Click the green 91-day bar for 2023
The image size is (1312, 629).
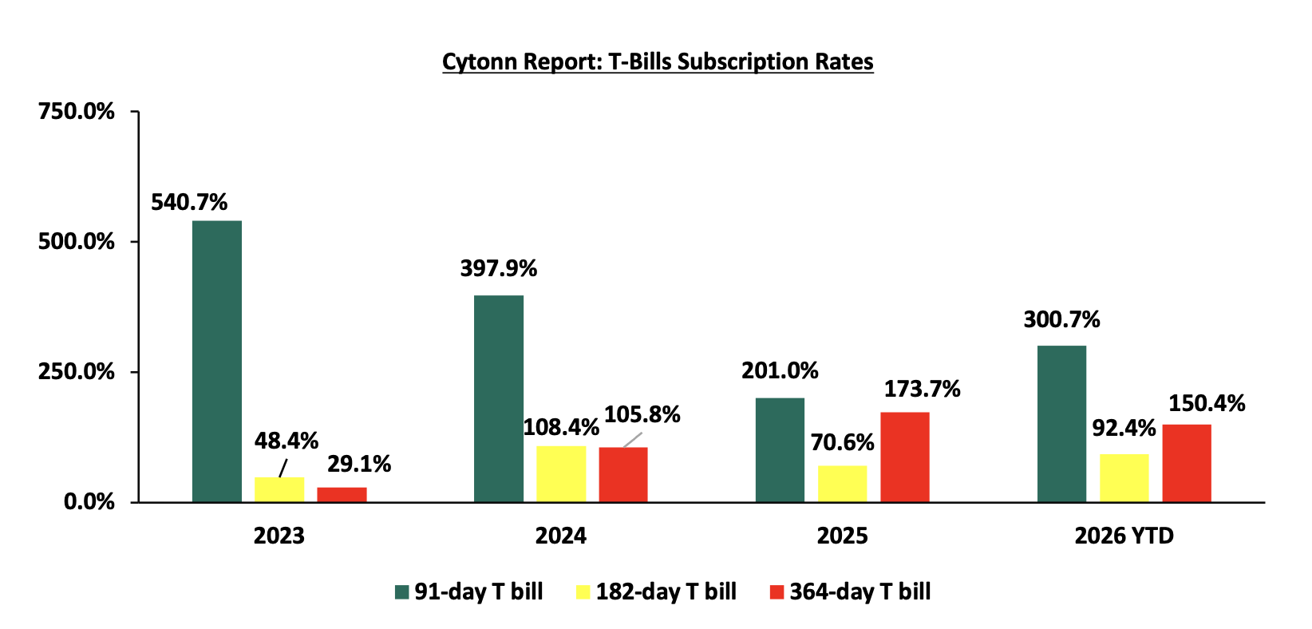(x=217, y=362)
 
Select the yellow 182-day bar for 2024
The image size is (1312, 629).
(x=561, y=474)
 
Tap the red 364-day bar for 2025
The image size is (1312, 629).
(x=905, y=457)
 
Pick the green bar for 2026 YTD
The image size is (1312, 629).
(x=1062, y=424)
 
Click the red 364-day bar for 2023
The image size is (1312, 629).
(x=342, y=495)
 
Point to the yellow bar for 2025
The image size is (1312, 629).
(x=842, y=484)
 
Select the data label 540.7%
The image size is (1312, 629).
(x=189, y=203)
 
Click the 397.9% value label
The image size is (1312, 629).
(x=499, y=269)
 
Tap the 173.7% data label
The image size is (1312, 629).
(x=922, y=390)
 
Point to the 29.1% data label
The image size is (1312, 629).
(x=359, y=465)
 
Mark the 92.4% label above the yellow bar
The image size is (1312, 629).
(x=1124, y=429)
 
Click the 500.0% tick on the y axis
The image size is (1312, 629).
(x=76, y=242)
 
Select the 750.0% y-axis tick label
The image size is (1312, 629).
(x=76, y=111)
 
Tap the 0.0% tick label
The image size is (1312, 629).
(x=89, y=502)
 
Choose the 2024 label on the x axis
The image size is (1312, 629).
(x=560, y=536)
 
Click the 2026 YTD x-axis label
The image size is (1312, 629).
(x=1124, y=536)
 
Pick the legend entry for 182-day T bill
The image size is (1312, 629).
(x=657, y=592)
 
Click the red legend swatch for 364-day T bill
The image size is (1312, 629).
(x=777, y=592)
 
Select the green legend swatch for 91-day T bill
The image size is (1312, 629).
(x=401, y=592)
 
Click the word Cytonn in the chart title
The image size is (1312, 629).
(x=480, y=62)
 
